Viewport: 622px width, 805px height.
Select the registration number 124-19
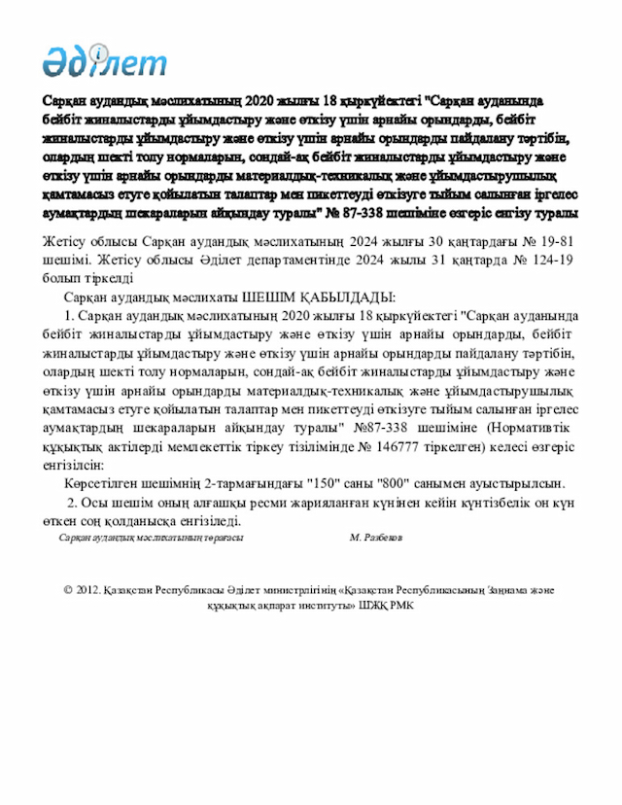tap(550, 260)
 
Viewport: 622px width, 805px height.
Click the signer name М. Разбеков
tap(375, 537)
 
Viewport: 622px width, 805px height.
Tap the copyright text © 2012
tap(81, 589)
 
